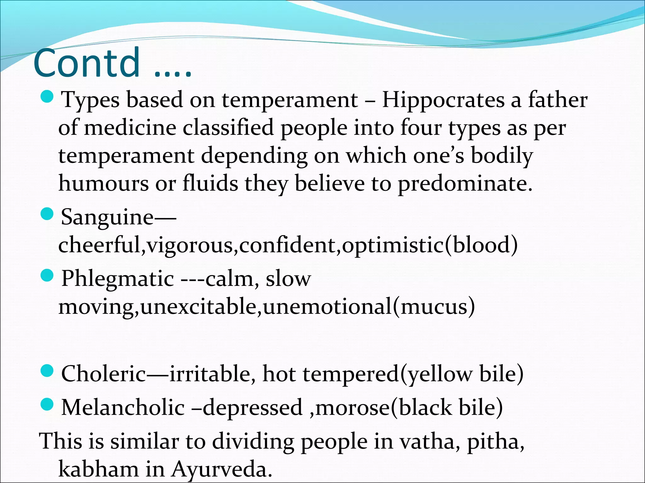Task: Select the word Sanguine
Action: tap(107, 217)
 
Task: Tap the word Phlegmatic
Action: tap(117, 279)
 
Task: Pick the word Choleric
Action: tap(104, 374)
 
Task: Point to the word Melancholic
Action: tap(123, 408)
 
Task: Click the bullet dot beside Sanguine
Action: tap(48, 214)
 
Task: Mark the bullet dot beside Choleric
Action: tap(48, 371)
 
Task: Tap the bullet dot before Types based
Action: tap(48, 97)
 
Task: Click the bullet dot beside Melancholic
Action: tap(48, 405)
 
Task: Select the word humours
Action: tap(103, 184)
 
